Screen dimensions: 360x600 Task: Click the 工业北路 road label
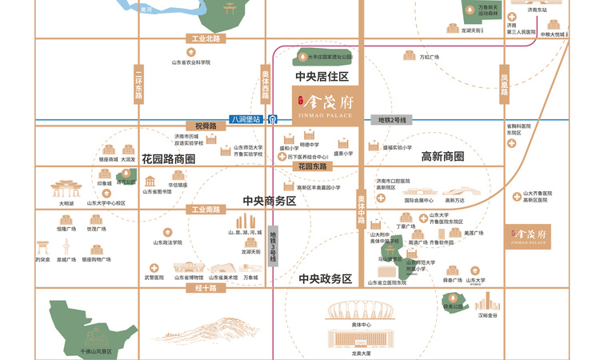pyautogui.click(x=206, y=38)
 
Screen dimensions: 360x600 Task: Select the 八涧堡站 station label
pyautogui.click(x=246, y=119)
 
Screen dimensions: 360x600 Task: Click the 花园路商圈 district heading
pyautogui.click(x=169, y=158)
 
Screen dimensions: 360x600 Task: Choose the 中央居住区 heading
pyautogui.click(x=322, y=77)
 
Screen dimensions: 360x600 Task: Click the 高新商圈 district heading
pyautogui.click(x=442, y=157)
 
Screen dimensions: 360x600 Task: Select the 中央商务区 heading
pyautogui.click(x=270, y=201)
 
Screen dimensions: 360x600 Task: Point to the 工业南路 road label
pyautogui.click(x=206, y=210)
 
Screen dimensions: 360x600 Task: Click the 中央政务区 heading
pyautogui.click(x=325, y=279)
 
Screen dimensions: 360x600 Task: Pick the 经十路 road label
pyautogui.click(x=206, y=288)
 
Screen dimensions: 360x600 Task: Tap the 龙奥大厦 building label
pyautogui.click(x=361, y=353)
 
